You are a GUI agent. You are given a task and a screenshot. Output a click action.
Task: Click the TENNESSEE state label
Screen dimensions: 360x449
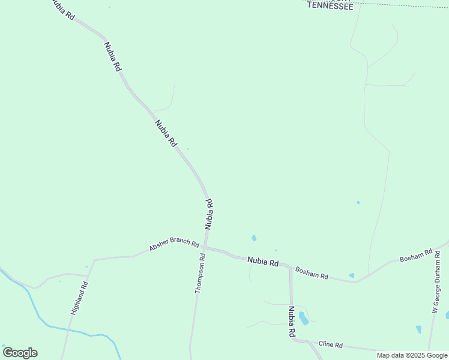point(330,5)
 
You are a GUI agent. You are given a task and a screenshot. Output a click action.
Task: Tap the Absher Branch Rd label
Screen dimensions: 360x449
point(174,242)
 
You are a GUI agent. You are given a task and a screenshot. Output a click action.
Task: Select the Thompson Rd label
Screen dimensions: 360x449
point(200,273)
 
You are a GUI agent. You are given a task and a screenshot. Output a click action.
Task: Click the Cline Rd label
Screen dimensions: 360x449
point(330,345)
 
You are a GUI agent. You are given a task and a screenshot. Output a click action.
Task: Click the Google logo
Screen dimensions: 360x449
point(20,353)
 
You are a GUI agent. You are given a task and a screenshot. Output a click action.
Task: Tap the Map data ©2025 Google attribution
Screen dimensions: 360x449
point(412,355)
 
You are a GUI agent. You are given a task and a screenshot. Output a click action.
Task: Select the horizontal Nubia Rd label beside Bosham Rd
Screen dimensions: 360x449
point(264,262)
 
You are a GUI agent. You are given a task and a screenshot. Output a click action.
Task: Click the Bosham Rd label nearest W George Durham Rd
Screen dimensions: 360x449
point(416,257)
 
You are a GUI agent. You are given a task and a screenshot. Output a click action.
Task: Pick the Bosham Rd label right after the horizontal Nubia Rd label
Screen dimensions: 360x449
point(312,273)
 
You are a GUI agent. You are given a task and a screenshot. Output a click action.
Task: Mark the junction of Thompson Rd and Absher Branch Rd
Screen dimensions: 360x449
point(204,247)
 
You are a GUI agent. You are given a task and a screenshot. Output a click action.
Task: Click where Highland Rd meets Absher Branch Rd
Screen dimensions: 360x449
point(94,260)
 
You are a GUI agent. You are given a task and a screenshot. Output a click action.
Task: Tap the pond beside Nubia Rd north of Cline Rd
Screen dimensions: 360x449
point(304,318)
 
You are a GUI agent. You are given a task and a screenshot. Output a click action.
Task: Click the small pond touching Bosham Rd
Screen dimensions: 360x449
point(352,276)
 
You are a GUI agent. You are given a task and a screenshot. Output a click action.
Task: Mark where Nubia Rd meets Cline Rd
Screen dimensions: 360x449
point(294,340)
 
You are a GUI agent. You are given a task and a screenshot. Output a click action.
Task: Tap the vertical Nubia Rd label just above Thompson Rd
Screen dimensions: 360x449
point(209,215)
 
